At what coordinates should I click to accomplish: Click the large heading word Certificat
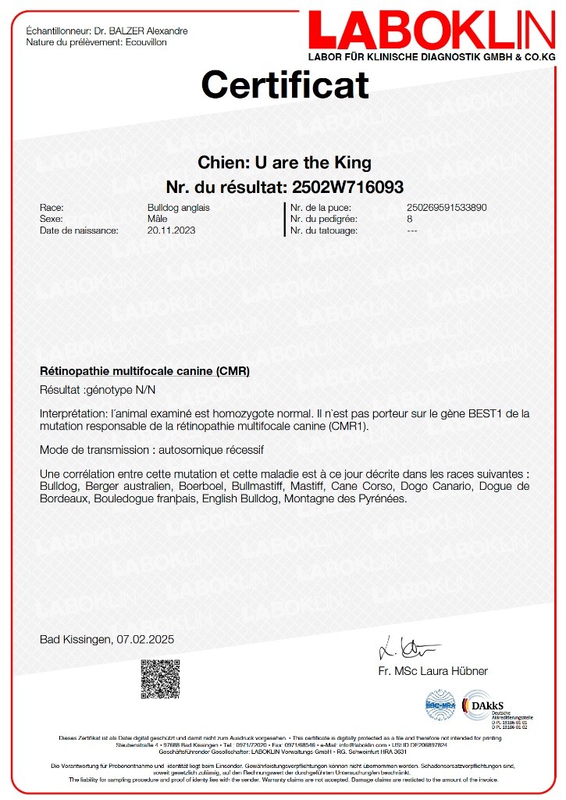pos(285,84)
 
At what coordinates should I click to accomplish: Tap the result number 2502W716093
pos(347,187)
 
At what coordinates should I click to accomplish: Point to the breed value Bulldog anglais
pos(178,208)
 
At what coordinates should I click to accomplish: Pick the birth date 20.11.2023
pos(171,230)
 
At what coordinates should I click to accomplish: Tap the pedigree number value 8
pos(410,220)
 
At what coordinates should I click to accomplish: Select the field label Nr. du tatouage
pos(324,230)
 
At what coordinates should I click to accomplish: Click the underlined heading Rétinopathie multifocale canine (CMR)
pos(144,370)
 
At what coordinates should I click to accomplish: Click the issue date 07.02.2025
pos(146,639)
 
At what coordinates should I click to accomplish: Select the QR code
pos(159,679)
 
